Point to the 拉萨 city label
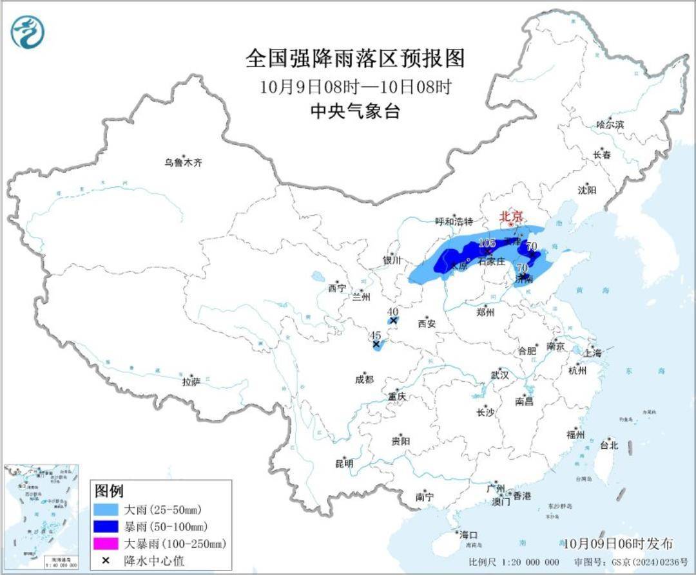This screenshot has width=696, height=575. [191, 382]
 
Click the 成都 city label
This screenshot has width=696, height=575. [363, 380]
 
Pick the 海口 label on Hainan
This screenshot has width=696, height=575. [469, 535]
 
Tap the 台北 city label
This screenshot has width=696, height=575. [608, 445]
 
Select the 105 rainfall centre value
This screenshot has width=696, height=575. [487, 243]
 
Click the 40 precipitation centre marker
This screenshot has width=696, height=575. [392, 320]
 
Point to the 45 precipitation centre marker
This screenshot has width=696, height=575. [376, 344]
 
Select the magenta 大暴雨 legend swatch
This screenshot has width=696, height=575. [108, 545]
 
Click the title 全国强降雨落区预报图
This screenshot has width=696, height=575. [354, 59]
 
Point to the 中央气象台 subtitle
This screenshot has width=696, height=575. [354, 112]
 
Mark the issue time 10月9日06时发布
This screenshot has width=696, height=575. [617, 544]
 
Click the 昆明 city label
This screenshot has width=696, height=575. [344, 463]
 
